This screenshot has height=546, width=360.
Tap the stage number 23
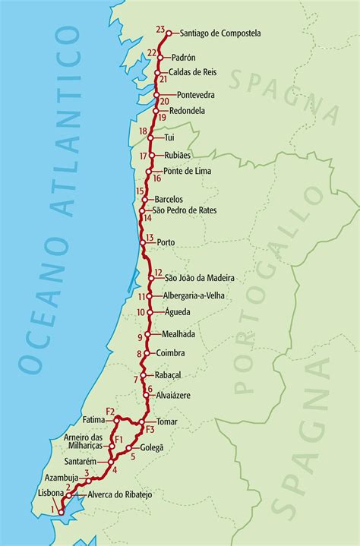coord(159,30)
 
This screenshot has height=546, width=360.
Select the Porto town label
coord(166,242)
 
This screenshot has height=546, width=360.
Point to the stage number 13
coord(150,238)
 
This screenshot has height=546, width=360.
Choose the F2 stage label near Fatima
coord(111,412)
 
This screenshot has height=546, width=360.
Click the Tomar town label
coord(166,421)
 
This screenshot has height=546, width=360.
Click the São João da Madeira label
coord(200,278)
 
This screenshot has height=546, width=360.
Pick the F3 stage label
coord(149,431)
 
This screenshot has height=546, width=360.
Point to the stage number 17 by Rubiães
coord(144,156)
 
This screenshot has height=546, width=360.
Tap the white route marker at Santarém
coord(111,461)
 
